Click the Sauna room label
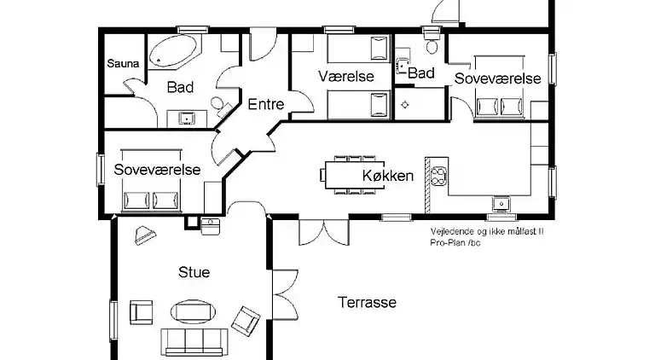(123, 63)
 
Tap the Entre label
(266, 104)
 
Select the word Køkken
(388, 176)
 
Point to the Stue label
(194, 272)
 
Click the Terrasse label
(368, 302)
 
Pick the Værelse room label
(346, 76)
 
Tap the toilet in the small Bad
(432, 44)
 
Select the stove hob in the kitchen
(438, 176)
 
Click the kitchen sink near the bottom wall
(501, 204)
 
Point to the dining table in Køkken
(355, 175)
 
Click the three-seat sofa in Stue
(194, 342)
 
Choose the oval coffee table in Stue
(193, 311)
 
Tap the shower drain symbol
(405, 104)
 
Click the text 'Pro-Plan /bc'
(455, 242)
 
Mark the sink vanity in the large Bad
(187, 119)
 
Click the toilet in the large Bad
(220, 106)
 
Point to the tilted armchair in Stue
(246, 321)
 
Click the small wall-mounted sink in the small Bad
(402, 66)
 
